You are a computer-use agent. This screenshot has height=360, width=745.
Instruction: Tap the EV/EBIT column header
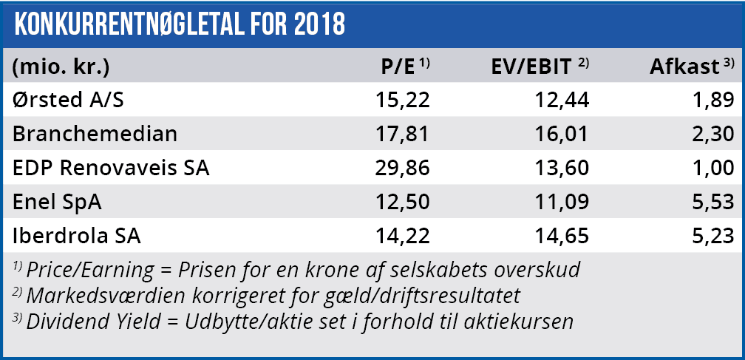pyautogui.click(x=532, y=67)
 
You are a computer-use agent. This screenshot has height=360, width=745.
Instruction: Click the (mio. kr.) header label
pyautogui.click(x=61, y=67)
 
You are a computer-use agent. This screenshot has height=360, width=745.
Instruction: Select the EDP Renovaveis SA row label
pyautogui.click(x=111, y=168)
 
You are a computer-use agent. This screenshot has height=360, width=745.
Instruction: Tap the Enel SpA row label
pyautogui.click(x=58, y=203)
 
